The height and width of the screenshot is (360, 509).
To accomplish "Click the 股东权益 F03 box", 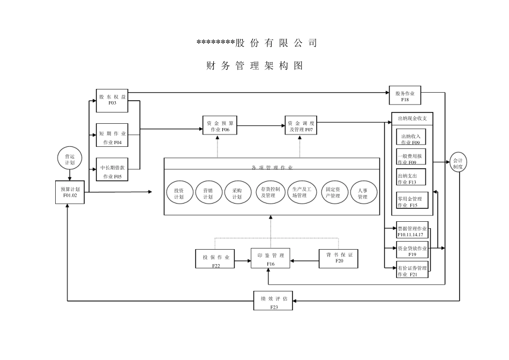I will click(112, 100).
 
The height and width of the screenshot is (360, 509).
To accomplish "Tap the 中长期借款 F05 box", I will click(112, 170).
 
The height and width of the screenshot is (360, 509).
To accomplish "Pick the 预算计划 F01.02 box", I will click(70, 192).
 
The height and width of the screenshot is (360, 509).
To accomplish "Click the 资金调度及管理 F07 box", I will click(301, 126).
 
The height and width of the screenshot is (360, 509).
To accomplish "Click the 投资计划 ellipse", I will click(179, 193).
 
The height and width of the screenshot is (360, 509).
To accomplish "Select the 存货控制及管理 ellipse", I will click(270, 192).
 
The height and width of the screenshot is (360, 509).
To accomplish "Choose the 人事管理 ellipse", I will click(362, 193).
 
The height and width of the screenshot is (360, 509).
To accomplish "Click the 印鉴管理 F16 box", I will click(271, 259).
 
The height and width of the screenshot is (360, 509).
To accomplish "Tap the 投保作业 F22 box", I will click(216, 259).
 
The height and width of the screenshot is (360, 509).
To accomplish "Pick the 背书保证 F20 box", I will click(339, 258).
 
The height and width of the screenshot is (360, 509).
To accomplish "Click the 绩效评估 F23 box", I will click(274, 302).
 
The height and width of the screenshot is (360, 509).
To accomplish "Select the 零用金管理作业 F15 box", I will click(412, 201).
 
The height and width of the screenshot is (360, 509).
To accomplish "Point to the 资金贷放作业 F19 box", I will click(412, 250).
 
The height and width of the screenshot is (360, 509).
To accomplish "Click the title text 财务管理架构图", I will click(255, 66).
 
